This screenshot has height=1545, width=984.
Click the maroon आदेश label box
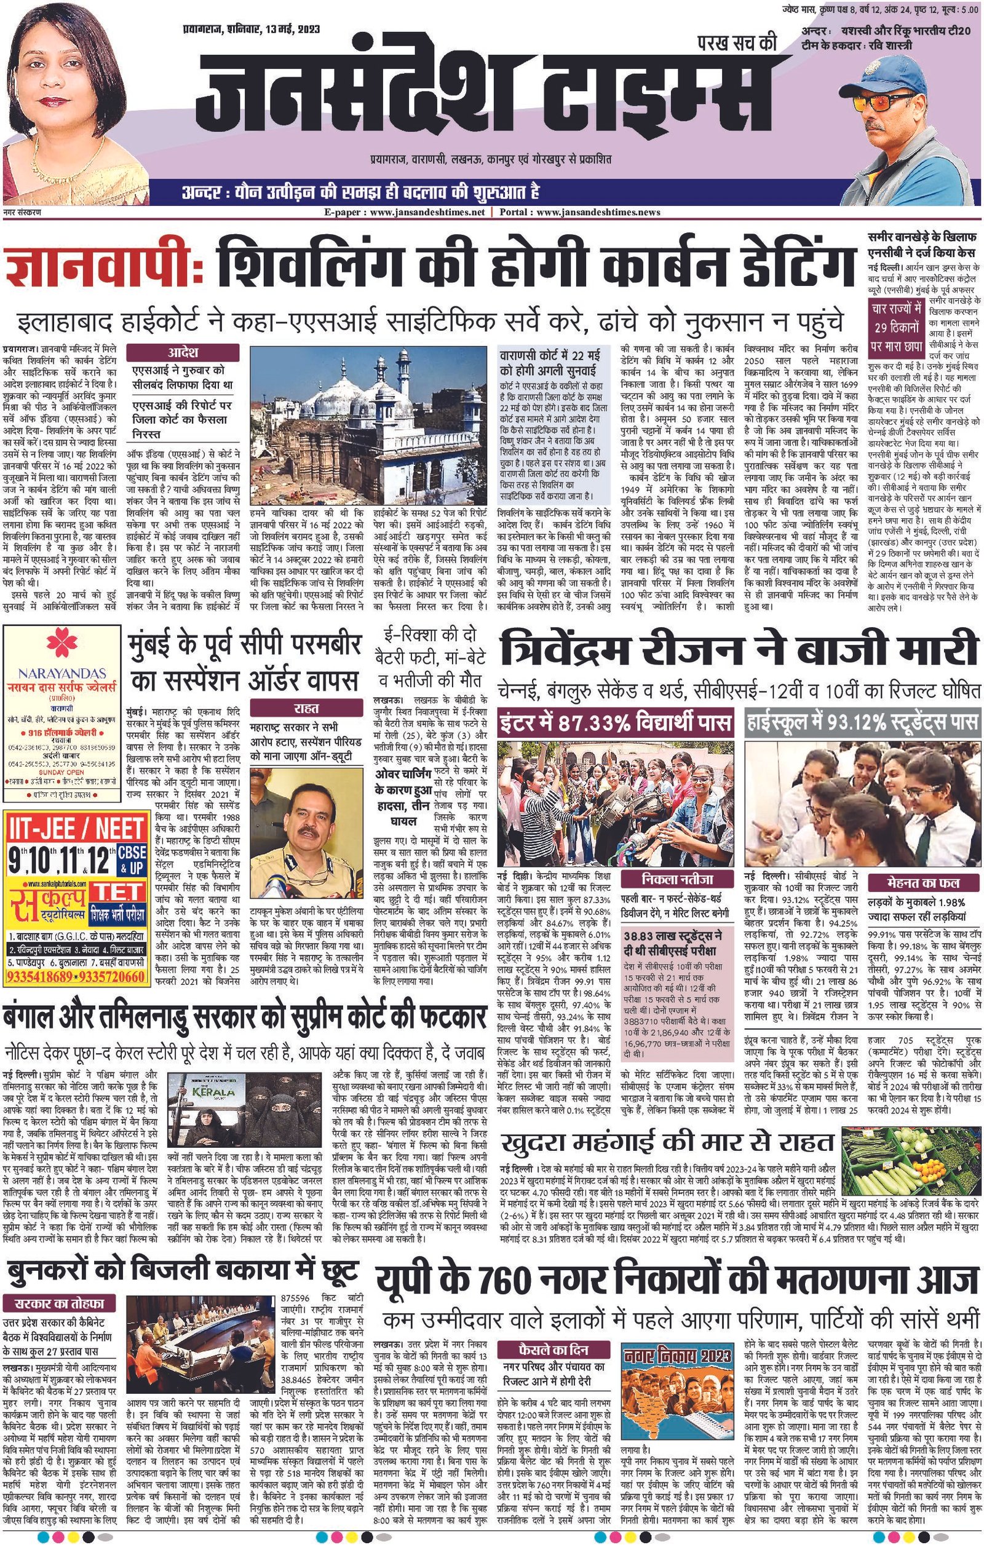[x=183, y=353]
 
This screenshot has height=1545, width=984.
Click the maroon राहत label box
[x=307, y=708]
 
